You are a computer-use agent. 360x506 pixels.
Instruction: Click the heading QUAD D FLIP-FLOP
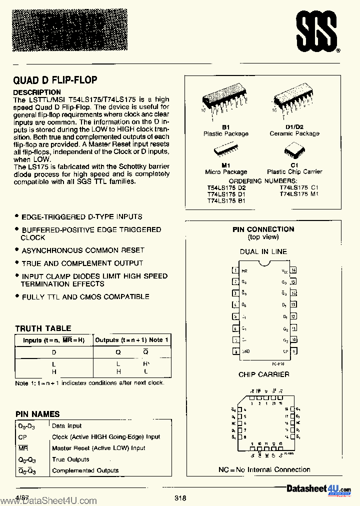pyautogui.click(x=55, y=80)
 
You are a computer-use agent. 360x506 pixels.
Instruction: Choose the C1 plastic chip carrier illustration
pyautogui.click(x=294, y=151)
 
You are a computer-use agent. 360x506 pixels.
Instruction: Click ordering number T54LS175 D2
pyautogui.click(x=226, y=187)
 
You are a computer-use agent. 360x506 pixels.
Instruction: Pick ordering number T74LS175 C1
pyautogui.click(x=299, y=187)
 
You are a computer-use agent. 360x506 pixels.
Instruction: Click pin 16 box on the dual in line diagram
pyautogui.click(x=293, y=270)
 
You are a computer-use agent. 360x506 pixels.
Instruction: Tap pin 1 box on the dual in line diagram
pyautogui.click(x=234, y=270)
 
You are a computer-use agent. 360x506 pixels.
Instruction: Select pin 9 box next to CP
pyautogui.click(x=293, y=351)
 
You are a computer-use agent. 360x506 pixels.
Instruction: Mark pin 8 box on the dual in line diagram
pyautogui.click(x=234, y=351)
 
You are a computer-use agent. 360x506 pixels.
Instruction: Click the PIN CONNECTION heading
pyautogui.click(x=263, y=229)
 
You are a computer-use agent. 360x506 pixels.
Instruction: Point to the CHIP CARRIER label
pyautogui.click(x=263, y=374)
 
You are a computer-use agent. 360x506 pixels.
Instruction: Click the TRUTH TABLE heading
pyautogui.click(x=43, y=328)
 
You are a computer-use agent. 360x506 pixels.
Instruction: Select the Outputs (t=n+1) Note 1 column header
pyautogui.click(x=132, y=340)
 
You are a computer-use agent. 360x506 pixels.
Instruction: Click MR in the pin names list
pyautogui.click(x=20, y=448)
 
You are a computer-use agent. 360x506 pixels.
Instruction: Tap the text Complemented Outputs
pyautogui.click(x=85, y=470)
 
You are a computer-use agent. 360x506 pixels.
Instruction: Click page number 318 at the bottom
pyautogui.click(x=180, y=498)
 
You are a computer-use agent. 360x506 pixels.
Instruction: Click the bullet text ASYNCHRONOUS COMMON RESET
pyautogui.click(x=83, y=250)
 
